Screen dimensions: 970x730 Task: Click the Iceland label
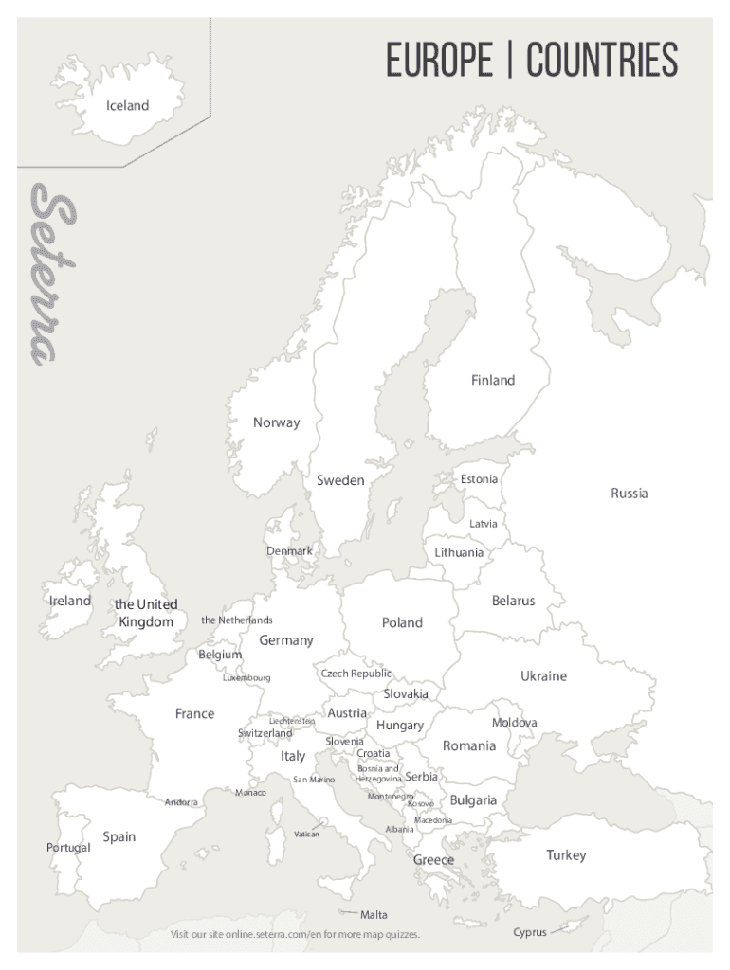coord(127,106)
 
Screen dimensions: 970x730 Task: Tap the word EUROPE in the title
coord(439,61)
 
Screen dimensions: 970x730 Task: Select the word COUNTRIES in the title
coord(602,61)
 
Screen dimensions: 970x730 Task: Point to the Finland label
coord(493,381)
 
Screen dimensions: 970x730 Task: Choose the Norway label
coord(276,422)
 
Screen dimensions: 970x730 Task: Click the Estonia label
coord(479,479)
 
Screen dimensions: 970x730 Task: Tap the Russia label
coord(630,494)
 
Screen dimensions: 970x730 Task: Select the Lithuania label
coord(459,552)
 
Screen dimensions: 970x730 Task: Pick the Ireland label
coord(70,601)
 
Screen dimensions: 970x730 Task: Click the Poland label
coord(402,622)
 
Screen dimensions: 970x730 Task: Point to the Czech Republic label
coord(356,674)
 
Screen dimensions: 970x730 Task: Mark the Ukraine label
coord(543,676)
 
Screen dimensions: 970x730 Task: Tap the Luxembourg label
coord(246,678)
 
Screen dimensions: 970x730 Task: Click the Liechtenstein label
coord(292,721)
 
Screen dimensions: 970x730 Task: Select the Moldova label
coord(514,723)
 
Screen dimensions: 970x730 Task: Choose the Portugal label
coord(68,847)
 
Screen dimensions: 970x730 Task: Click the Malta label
coord(374,915)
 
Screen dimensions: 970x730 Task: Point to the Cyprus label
coord(530,932)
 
